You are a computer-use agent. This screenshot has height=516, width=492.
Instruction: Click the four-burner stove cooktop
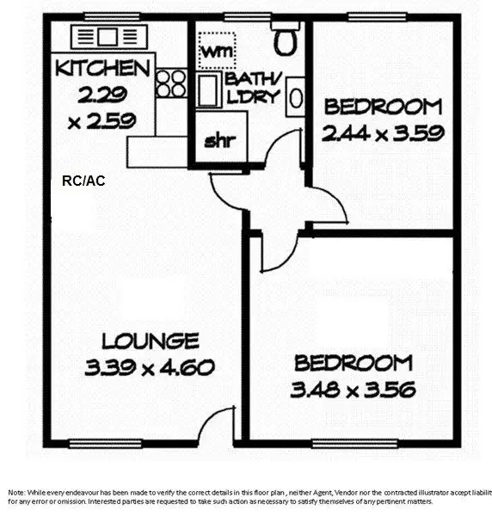pyautogui.click(x=171, y=83)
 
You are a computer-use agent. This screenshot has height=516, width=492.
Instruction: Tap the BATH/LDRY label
pyautogui.click(x=253, y=88)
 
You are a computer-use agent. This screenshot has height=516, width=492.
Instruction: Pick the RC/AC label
pyautogui.click(x=83, y=181)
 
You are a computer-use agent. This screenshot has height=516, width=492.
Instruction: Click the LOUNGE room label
pyautogui.click(x=150, y=341)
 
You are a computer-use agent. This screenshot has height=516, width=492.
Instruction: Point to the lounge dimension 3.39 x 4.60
pyautogui.click(x=150, y=368)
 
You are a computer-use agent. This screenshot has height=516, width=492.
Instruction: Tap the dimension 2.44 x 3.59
pyautogui.click(x=383, y=133)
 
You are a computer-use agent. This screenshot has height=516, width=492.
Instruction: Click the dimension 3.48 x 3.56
pyautogui.click(x=353, y=390)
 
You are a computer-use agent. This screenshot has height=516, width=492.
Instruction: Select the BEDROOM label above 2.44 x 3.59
pyautogui.click(x=383, y=107)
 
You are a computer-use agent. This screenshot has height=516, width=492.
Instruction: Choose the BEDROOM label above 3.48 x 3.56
pyautogui.click(x=353, y=363)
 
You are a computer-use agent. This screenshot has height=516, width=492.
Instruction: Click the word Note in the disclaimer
pyautogui.click(x=16, y=492)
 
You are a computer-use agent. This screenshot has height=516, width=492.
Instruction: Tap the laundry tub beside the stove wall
pyautogui.click(x=207, y=89)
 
